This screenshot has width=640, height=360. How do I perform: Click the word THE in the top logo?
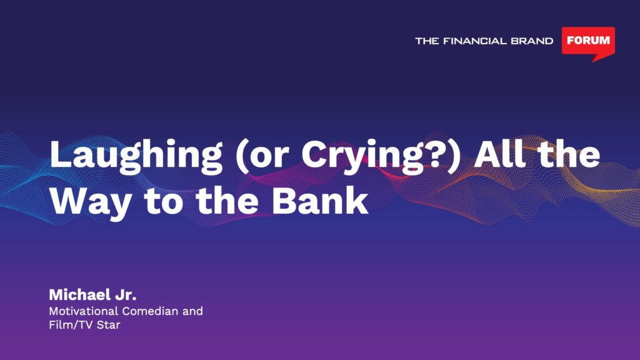pyautogui.click(x=427, y=41)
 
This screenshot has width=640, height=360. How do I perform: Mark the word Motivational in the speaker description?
pyautogui.click(x=84, y=311)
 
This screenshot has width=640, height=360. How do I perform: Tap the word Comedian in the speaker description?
pyautogui.click(x=150, y=311)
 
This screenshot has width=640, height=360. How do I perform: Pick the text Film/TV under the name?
pyautogui.click(x=71, y=325)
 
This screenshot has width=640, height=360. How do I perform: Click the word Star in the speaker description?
pyautogui.click(x=108, y=325)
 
